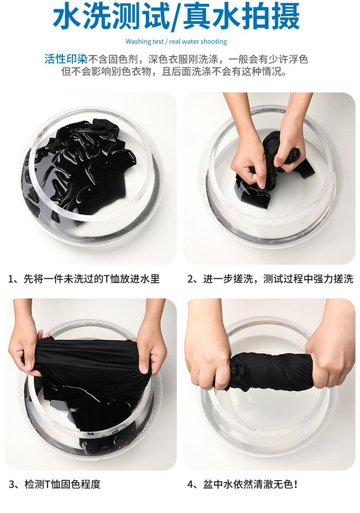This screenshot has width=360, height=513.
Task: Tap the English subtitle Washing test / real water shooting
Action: tap(176, 41)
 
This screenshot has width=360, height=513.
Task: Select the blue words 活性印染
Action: tap(66, 59)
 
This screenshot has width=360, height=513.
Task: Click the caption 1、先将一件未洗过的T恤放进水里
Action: tap(83, 279)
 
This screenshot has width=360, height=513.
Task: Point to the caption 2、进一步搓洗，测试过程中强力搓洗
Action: tap(270, 279)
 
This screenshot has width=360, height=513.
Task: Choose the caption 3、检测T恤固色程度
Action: tap(54, 484)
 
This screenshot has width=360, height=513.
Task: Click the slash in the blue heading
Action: tap(176, 17)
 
